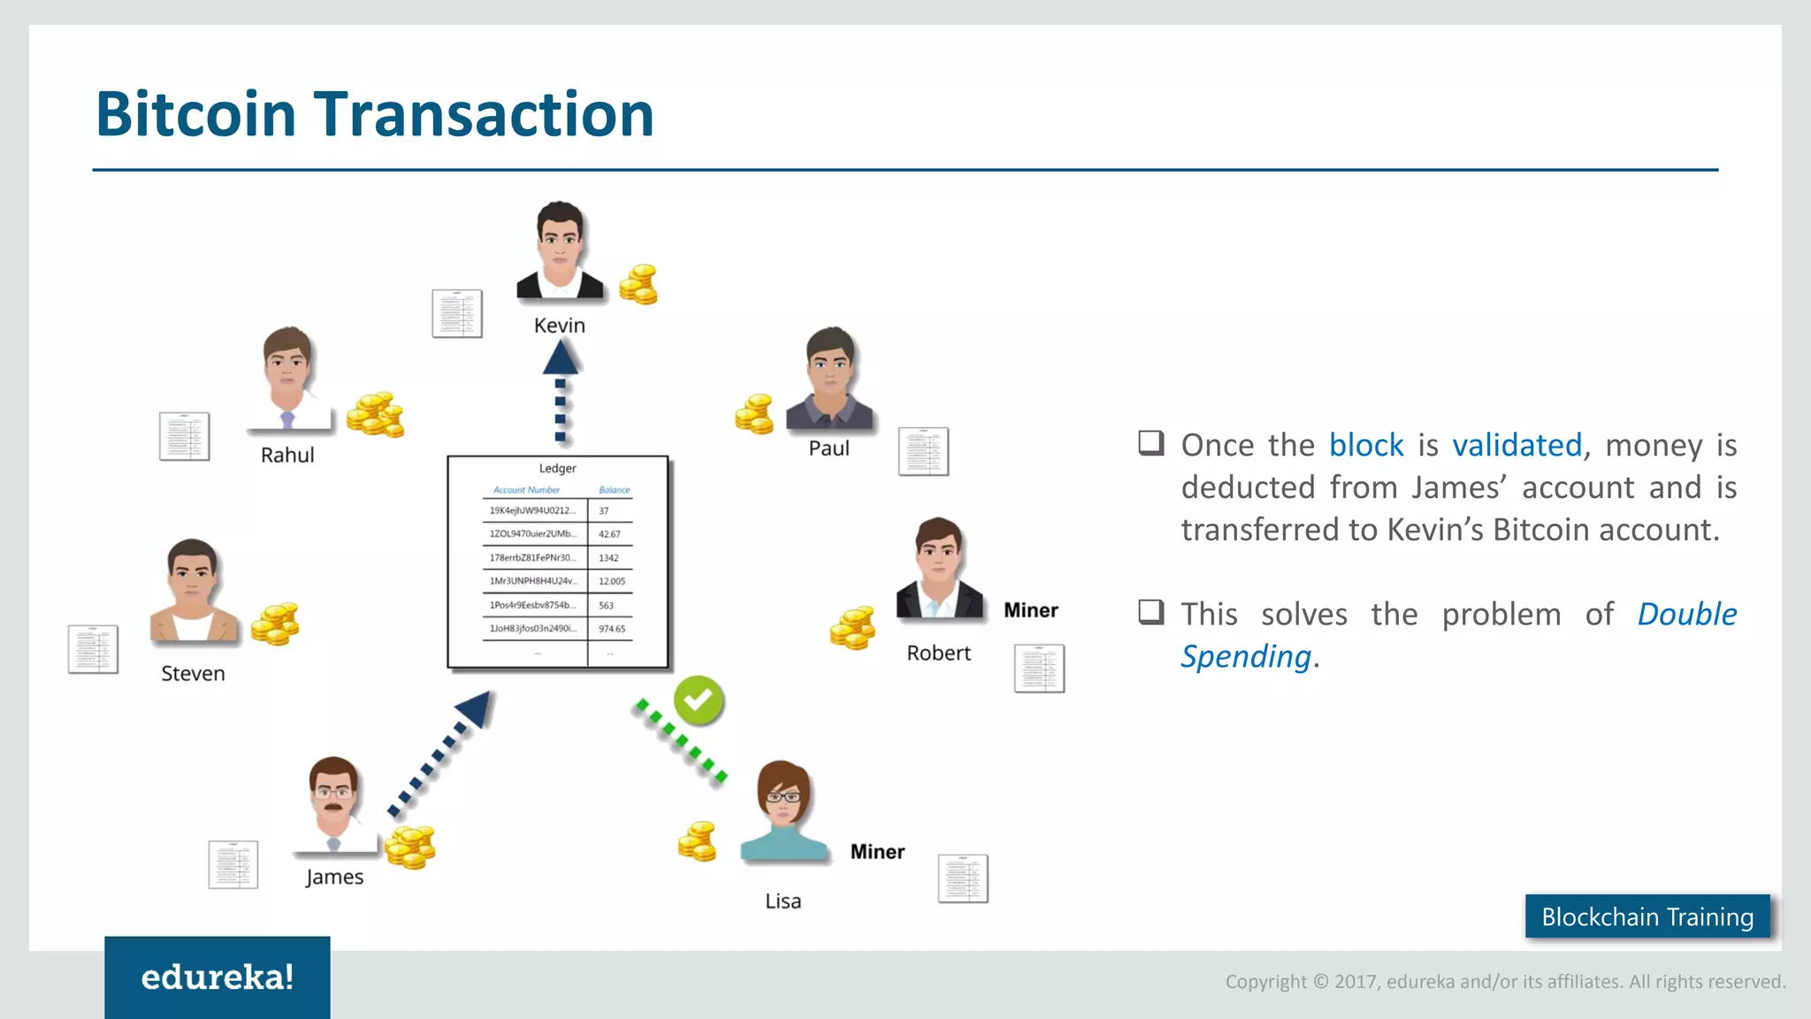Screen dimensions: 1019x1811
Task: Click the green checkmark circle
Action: coord(699,701)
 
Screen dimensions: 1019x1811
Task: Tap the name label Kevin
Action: coord(560,326)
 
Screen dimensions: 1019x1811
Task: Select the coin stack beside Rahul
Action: coord(375,415)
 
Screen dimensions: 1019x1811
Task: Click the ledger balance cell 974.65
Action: coord(611,629)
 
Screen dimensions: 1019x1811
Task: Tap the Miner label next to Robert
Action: coord(1030,610)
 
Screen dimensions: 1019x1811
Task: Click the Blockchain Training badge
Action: coord(1647,917)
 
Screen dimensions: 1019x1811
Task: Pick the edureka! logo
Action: coord(218,977)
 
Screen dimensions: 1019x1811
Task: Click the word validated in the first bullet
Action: coord(1517,445)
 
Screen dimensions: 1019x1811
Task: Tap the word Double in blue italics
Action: coord(1686,614)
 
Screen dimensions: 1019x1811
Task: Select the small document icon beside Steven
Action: coord(93,649)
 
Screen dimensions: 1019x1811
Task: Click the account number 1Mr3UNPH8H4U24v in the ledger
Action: coord(533,581)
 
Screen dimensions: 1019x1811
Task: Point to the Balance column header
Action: coord(614,490)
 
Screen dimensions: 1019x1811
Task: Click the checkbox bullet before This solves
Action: coord(1150,612)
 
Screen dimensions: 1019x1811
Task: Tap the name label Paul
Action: coord(829,448)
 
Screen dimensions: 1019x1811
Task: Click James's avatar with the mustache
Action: coord(333,801)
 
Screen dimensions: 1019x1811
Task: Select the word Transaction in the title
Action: coord(484,114)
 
